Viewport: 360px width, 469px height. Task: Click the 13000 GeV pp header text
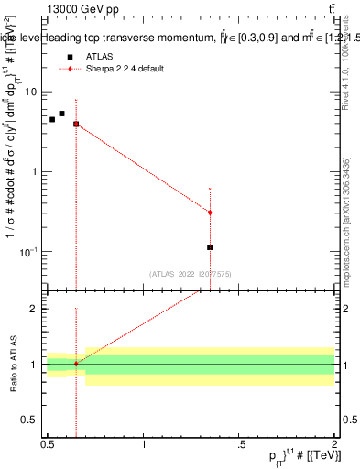(x=82, y=9)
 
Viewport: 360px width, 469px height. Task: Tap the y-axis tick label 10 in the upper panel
(x=31, y=92)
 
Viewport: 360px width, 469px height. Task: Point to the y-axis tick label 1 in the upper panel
(x=36, y=171)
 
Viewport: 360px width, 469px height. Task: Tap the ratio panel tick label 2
(x=36, y=309)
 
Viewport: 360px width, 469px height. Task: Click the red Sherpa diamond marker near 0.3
(x=210, y=213)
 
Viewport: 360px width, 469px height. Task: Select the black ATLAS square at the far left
(x=52, y=119)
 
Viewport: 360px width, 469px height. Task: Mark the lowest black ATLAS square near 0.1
(x=210, y=247)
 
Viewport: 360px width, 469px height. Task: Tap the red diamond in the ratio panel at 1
(x=76, y=364)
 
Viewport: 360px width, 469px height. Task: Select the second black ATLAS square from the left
(x=62, y=114)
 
